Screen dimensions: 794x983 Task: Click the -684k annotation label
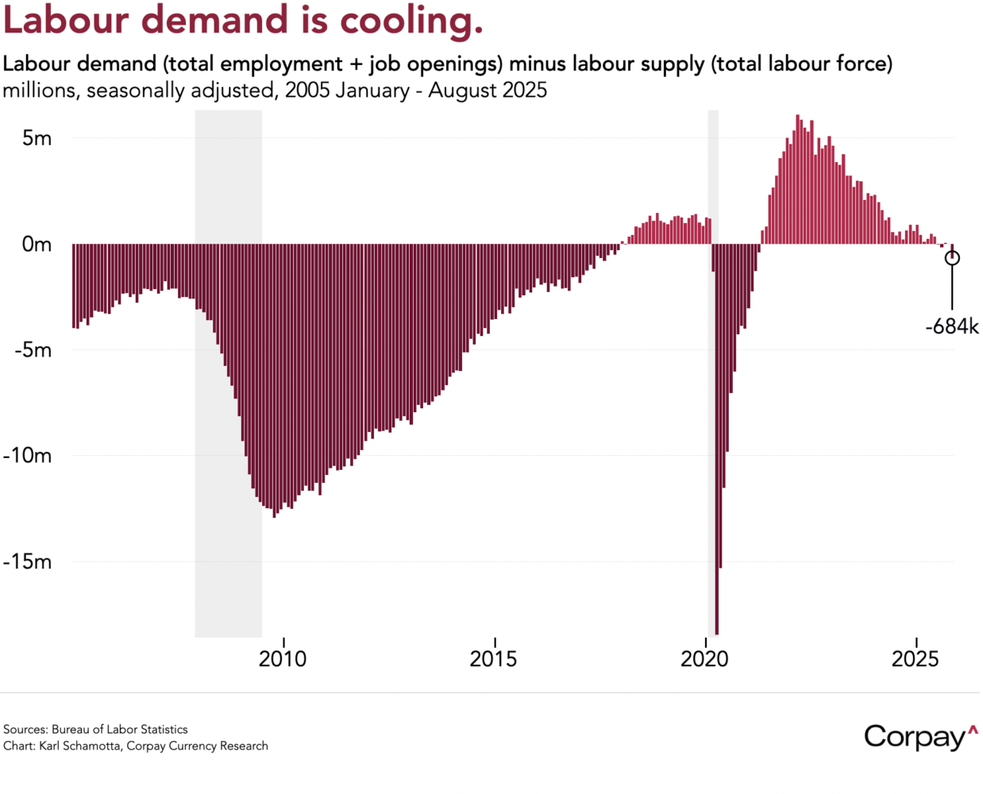(x=951, y=326)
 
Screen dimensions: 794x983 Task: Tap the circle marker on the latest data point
(x=952, y=258)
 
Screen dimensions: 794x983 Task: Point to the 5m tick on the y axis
(x=37, y=138)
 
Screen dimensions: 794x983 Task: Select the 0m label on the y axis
(x=37, y=245)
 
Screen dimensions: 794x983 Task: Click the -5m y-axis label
(x=33, y=350)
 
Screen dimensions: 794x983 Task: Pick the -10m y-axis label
(x=29, y=456)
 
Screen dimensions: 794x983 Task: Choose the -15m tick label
(x=29, y=562)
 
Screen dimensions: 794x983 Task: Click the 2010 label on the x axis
(x=283, y=659)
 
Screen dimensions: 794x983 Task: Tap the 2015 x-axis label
(x=494, y=659)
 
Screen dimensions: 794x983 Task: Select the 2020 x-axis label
(x=705, y=659)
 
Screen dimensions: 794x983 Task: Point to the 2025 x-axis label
(x=916, y=659)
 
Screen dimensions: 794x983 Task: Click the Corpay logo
(x=919, y=738)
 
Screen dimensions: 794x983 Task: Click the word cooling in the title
(x=411, y=20)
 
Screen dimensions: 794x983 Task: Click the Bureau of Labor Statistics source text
(x=120, y=730)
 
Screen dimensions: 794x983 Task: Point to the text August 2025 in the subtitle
(x=488, y=91)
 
